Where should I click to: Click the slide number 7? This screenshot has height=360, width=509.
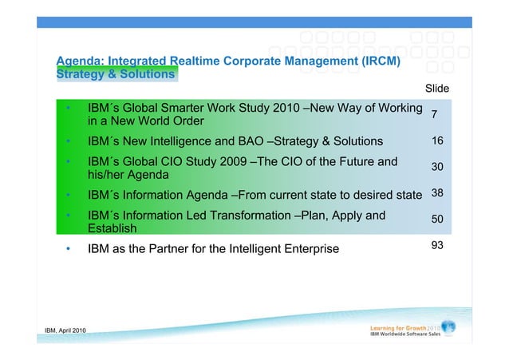point(433,115)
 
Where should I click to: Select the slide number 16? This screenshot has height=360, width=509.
point(437,141)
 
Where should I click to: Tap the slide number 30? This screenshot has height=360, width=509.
point(437,168)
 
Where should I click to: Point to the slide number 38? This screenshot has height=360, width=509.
point(437,193)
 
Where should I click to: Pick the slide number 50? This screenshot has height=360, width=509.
point(437,219)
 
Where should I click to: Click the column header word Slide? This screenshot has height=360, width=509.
point(437,88)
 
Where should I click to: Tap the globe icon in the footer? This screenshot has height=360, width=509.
point(448,327)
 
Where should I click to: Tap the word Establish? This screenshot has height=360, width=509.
point(113,229)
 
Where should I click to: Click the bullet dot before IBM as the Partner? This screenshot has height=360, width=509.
point(69,249)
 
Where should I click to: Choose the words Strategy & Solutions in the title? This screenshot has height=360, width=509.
point(115,74)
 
